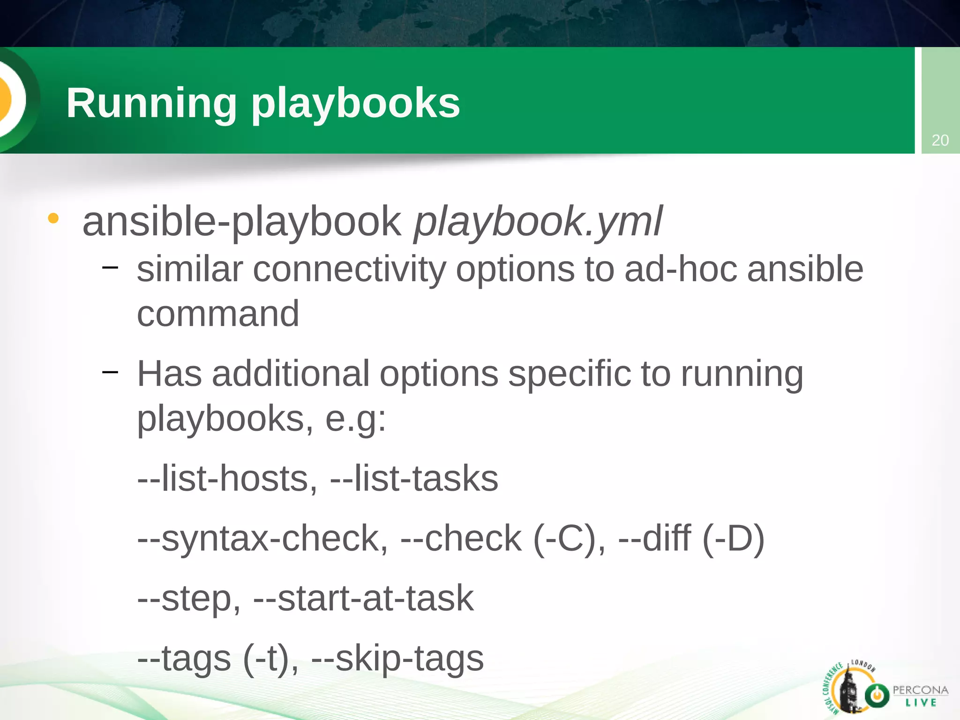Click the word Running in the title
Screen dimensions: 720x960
coord(151,103)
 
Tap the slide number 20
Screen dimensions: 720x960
coord(940,140)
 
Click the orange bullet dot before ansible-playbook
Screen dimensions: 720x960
coord(53,218)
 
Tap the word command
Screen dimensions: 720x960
coord(218,314)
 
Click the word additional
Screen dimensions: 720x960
coord(291,374)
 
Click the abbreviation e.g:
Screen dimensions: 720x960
coord(356,418)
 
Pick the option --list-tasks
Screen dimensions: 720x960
coord(414,479)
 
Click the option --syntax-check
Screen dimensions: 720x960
coord(262,539)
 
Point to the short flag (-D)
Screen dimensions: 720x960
coord(734,539)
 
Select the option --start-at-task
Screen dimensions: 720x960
coord(363,599)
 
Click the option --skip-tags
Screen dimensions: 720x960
coord(397,659)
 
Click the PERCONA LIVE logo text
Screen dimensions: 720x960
coord(920,696)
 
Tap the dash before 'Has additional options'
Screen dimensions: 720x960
coord(110,372)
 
